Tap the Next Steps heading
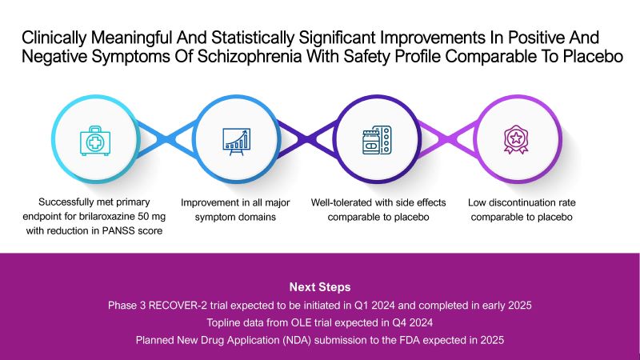[320, 286]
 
